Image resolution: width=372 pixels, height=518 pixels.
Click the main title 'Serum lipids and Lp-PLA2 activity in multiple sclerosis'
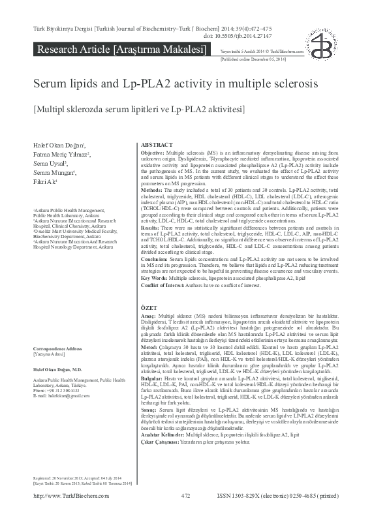pos(176,85)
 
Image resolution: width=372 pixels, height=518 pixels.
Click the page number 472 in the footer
pos(185,513)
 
